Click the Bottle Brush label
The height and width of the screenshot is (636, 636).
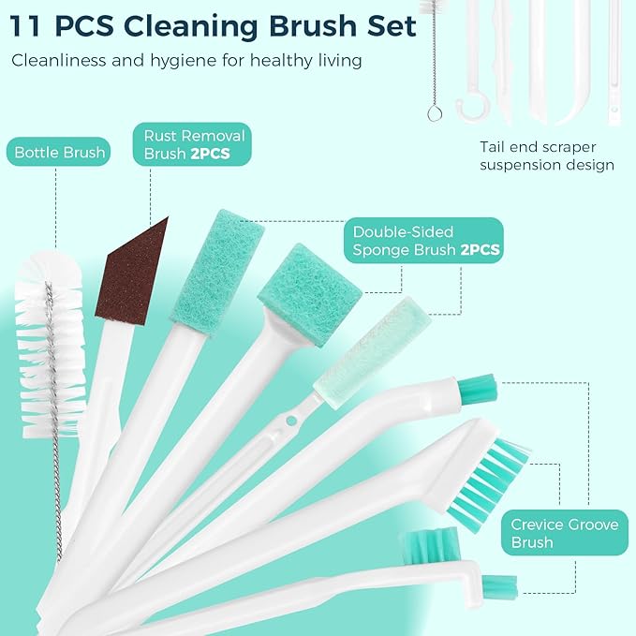point(60,152)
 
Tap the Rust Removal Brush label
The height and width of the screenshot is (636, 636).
point(185,145)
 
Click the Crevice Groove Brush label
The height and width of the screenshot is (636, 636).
point(565,534)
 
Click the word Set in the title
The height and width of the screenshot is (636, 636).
point(386,25)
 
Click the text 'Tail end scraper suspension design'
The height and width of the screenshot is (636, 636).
point(546,155)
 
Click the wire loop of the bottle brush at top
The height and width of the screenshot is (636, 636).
point(435,113)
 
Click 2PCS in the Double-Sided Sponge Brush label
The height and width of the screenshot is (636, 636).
point(480,250)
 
